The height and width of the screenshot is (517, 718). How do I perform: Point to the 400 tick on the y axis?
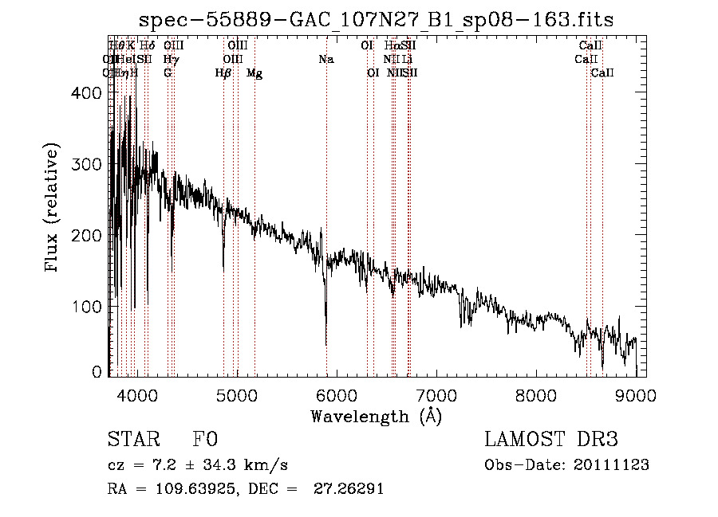click(110, 93)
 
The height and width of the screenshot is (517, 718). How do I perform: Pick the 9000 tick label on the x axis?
click(635, 395)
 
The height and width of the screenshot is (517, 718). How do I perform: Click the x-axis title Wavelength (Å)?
click(376, 416)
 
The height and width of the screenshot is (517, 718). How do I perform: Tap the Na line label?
click(325, 60)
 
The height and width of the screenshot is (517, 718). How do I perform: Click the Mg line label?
click(254, 73)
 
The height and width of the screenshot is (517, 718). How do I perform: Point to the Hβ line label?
click(223, 73)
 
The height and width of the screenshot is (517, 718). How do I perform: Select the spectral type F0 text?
click(205, 440)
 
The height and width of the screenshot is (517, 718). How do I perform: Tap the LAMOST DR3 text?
click(551, 440)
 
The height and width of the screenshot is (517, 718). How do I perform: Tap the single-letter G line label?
click(168, 73)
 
